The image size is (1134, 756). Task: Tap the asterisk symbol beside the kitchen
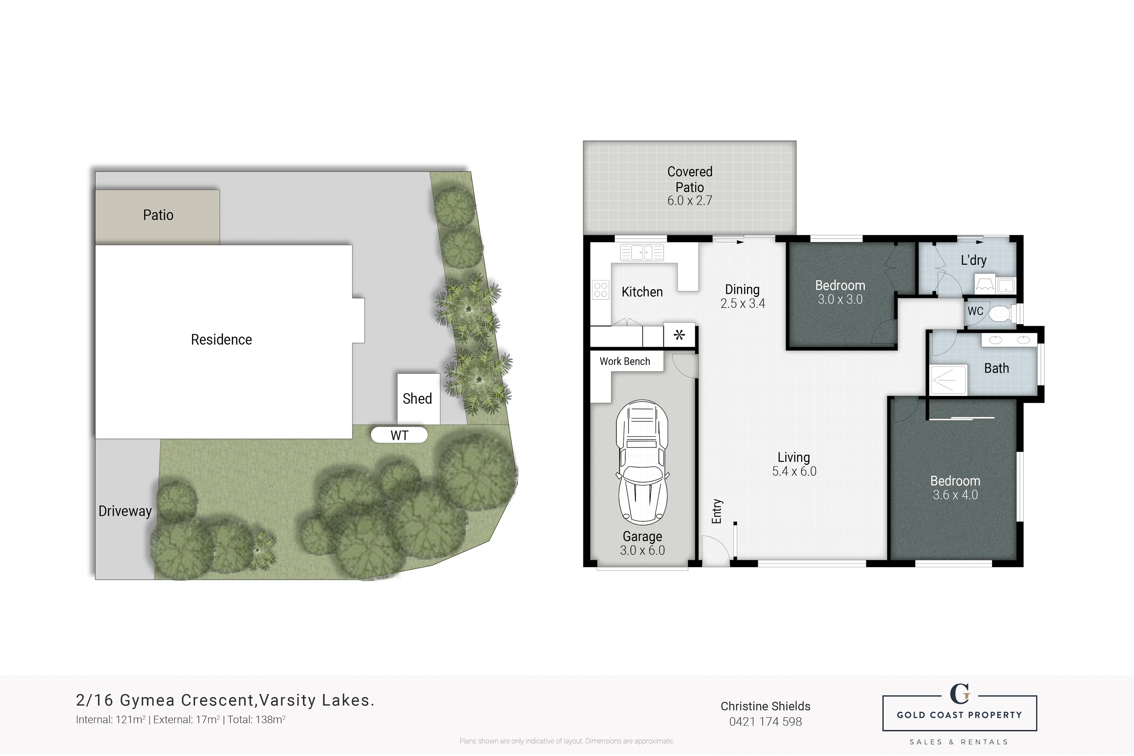pos(679,334)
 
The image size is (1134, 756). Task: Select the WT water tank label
pos(399,435)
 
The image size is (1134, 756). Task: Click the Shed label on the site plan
pos(417,399)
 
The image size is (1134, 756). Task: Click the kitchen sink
pos(642,252)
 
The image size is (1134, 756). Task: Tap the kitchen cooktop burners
pos(601,290)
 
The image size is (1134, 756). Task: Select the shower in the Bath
pos(948,380)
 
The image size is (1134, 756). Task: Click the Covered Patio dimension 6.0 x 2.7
pos(690,201)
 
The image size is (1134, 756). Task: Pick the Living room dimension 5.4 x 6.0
pos(794,472)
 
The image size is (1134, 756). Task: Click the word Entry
pos(717,511)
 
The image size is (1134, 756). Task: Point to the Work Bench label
pos(625,361)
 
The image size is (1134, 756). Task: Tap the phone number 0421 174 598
pos(765,722)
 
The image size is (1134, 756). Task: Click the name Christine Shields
pos(765,706)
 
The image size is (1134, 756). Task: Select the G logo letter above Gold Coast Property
pos(960,694)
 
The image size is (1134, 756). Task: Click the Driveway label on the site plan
pos(125,511)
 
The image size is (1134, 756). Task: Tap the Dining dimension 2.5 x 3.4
pos(743,304)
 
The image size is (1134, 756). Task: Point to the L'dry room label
pos(973,260)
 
